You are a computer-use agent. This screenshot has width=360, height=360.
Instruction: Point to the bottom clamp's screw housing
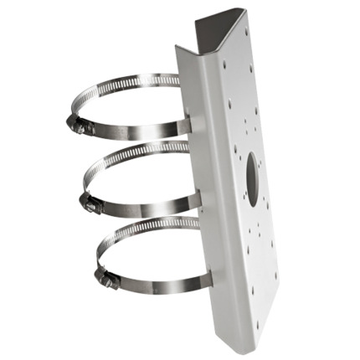[x=106, y=278]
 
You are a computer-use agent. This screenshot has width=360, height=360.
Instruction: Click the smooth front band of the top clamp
[x=134, y=131]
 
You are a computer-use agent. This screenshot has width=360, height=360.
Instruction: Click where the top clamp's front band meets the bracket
[x=189, y=126]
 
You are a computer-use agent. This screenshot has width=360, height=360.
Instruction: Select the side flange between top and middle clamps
[x=193, y=163]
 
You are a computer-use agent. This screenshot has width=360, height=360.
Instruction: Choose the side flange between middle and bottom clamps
[x=203, y=239]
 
